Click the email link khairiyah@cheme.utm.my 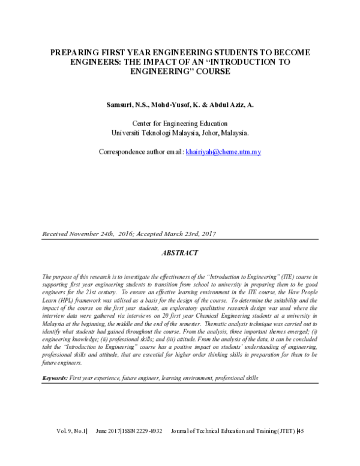point(223,153)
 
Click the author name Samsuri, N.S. point(128,105)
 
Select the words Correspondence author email point(140,153)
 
